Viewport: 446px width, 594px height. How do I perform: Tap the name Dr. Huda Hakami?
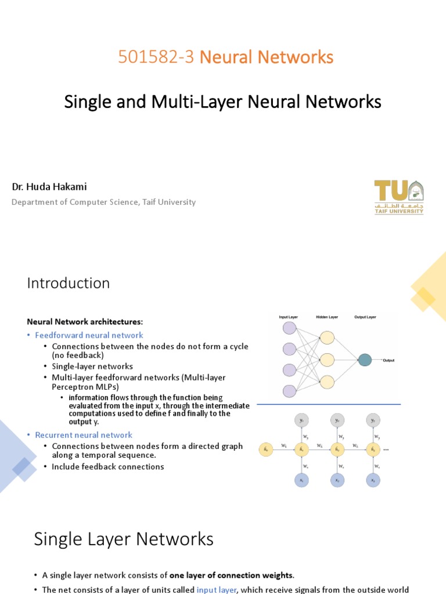pos(49,187)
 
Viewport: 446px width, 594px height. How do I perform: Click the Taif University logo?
pos(398,197)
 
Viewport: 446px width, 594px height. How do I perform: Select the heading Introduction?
pos(69,283)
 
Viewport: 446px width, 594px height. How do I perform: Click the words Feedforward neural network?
pos(89,335)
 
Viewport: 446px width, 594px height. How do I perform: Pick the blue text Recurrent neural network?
pos(84,435)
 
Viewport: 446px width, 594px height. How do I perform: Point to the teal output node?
pos(365,360)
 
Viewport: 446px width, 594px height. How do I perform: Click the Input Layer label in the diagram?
pos(289,317)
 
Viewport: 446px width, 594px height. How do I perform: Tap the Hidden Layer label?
pos(327,317)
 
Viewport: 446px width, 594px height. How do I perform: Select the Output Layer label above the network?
pos(365,317)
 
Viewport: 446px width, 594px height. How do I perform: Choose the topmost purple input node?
pos(289,328)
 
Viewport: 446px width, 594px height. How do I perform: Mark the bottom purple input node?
pos(289,391)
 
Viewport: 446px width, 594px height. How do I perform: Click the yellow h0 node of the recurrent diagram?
pos(266,449)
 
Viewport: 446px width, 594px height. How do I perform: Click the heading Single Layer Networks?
pos(124,539)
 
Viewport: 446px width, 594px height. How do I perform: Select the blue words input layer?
pos(216,589)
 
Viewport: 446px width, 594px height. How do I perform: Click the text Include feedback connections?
pos(108,466)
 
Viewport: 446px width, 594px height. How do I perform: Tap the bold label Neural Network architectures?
pos(85,321)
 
